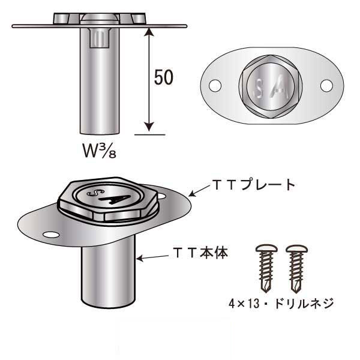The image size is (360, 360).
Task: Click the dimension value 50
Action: tap(164, 77)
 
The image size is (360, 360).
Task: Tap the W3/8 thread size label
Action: tap(100, 149)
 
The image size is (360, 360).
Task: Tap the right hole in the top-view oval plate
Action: tap(326, 86)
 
